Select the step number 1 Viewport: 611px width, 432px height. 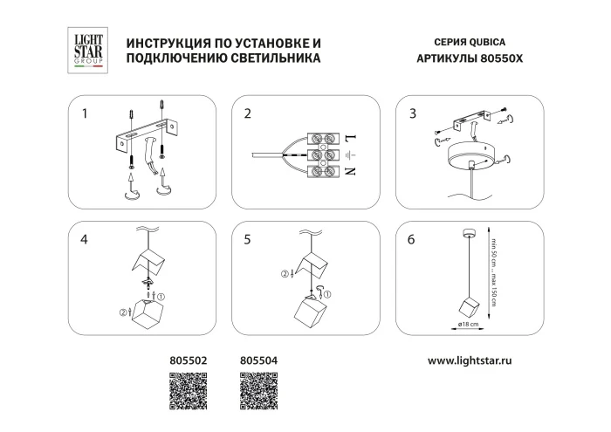[85, 113]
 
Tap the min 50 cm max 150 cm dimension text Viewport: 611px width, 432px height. [493, 277]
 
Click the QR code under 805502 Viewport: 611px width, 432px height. [185, 389]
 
